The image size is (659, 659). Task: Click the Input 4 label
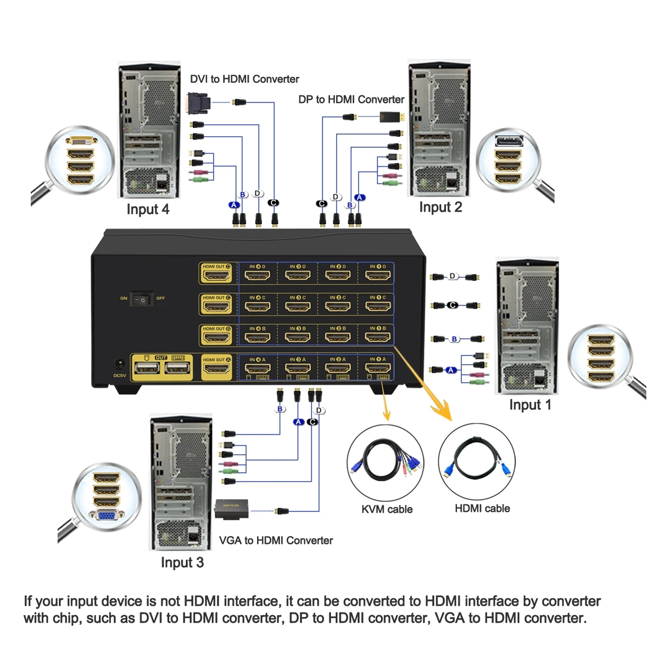(x=148, y=209)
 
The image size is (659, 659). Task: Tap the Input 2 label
(x=440, y=207)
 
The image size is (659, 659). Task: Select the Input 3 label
(x=182, y=562)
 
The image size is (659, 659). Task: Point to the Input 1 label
(x=530, y=405)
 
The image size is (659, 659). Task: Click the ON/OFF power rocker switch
(x=142, y=299)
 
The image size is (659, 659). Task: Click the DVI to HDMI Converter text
(x=244, y=79)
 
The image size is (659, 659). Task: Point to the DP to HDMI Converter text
(x=351, y=99)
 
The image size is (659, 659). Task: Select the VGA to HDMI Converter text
(x=276, y=540)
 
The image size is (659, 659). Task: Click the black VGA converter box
(x=231, y=509)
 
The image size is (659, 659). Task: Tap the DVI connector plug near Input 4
(x=198, y=102)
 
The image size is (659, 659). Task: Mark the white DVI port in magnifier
(x=81, y=141)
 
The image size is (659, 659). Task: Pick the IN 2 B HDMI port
(x=338, y=336)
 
